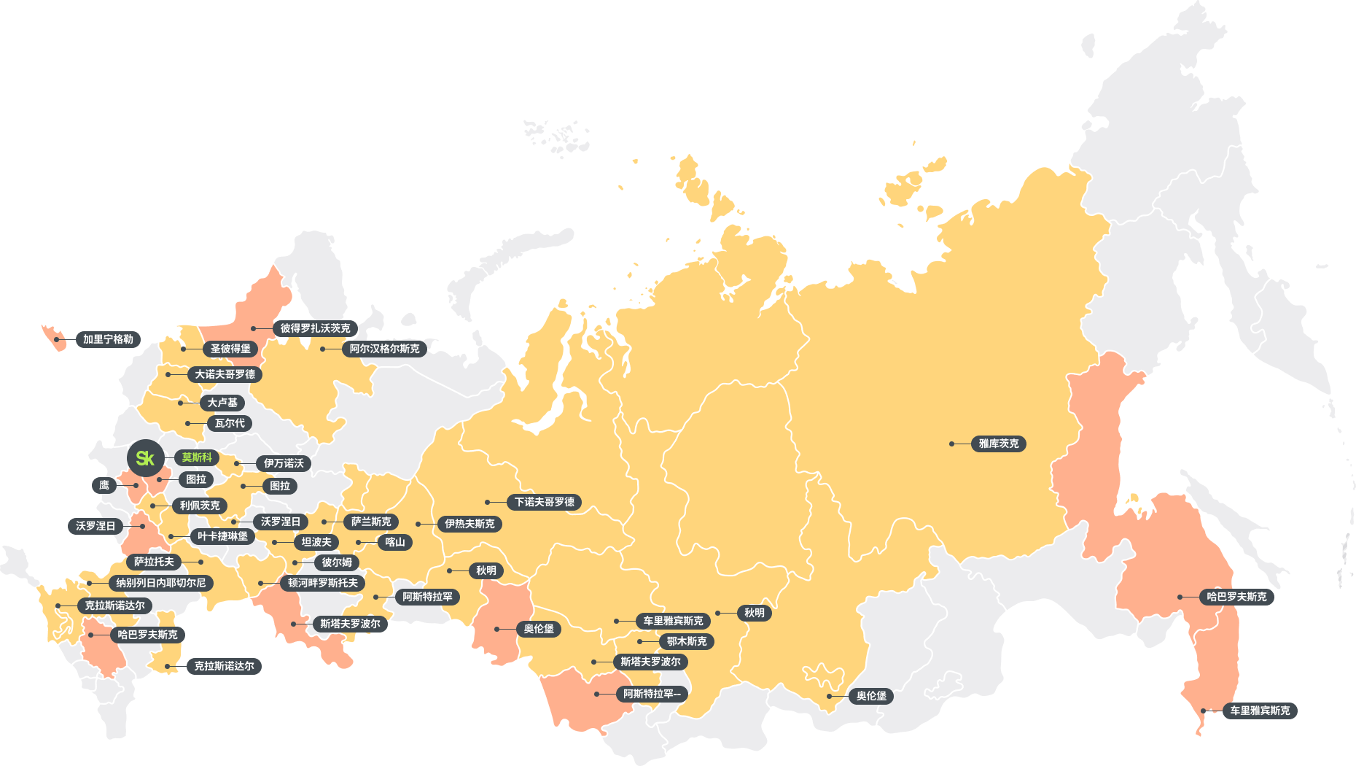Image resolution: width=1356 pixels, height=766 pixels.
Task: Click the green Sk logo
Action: [x=145, y=458]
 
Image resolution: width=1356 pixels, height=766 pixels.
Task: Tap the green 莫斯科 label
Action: [x=197, y=457]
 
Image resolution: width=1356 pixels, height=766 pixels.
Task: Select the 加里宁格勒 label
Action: [x=108, y=339]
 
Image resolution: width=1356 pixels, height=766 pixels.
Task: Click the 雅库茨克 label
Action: [x=998, y=444]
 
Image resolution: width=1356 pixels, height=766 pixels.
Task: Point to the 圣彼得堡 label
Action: [x=230, y=349]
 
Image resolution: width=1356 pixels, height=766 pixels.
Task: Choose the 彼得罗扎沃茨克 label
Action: [x=315, y=328]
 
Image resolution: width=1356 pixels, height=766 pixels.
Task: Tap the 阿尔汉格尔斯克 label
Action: [x=384, y=349]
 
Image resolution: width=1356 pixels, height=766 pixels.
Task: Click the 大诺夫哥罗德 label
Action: [x=225, y=374]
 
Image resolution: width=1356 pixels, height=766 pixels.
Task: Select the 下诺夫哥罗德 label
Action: [x=544, y=502]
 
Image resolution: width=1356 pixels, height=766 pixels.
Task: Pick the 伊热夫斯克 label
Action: [x=469, y=524]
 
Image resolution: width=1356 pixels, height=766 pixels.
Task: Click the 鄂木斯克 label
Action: [x=686, y=641]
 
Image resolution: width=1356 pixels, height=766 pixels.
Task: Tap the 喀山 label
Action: [x=394, y=542]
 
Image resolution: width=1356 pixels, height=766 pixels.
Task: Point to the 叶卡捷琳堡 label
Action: [x=222, y=536]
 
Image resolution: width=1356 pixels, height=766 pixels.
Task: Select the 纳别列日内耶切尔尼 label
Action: [x=160, y=583]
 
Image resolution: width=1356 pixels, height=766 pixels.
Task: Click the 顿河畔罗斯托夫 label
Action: [x=322, y=583]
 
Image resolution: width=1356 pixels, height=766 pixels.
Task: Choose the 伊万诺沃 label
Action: [x=284, y=463]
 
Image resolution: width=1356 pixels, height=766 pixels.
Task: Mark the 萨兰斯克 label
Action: [x=371, y=522]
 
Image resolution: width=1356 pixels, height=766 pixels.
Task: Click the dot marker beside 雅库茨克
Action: [x=951, y=444]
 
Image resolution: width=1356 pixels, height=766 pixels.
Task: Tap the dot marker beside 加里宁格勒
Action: [x=56, y=339]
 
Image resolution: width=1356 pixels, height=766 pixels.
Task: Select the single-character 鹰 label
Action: [x=104, y=485]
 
